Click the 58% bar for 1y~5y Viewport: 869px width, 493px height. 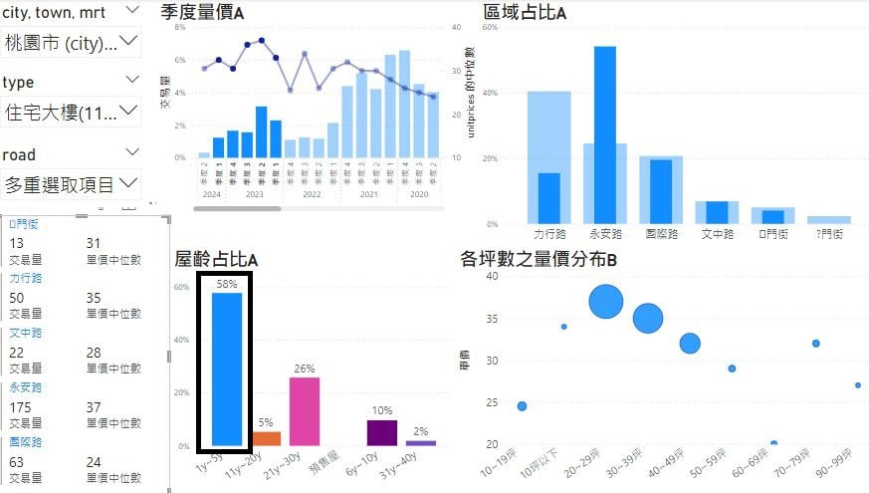coord(227,369)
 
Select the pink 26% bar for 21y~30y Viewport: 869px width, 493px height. coord(305,411)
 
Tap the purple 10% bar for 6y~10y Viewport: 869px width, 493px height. coord(382,432)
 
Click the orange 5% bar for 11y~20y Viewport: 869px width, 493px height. coord(266,438)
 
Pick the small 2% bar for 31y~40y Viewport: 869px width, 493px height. coord(421,443)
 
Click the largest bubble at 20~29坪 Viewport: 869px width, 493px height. coord(606,301)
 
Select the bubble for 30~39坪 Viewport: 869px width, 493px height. coord(648,318)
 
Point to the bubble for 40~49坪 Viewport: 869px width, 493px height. coord(690,344)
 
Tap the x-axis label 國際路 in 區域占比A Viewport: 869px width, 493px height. coord(661,234)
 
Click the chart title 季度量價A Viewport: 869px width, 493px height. coord(202,12)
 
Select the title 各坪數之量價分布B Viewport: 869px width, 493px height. coord(539,260)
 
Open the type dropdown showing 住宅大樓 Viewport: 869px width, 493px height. coord(73,112)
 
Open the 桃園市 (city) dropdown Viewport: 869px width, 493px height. coord(73,42)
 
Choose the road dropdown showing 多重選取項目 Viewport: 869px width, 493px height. coord(73,184)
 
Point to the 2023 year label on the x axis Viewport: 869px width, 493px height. coord(254,194)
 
